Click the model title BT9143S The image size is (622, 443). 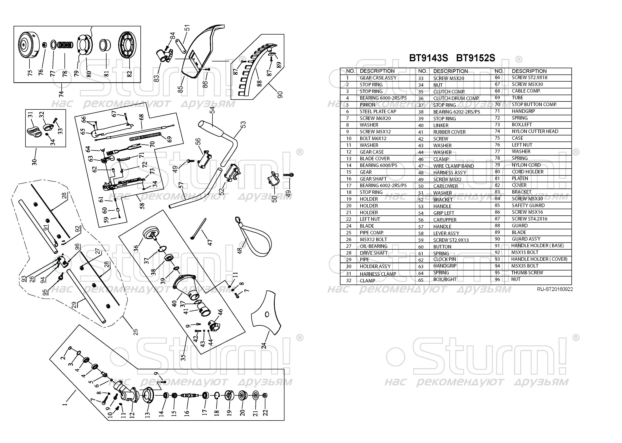click(x=428, y=58)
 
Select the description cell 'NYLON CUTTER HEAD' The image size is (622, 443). click(x=535, y=131)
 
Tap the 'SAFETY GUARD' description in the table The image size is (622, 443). click(x=528, y=205)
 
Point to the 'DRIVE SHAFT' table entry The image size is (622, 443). click(x=373, y=253)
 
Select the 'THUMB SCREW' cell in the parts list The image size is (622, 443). click(x=527, y=273)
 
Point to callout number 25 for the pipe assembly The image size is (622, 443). click(x=135, y=332)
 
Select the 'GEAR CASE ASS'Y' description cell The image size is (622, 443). click(x=378, y=78)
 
